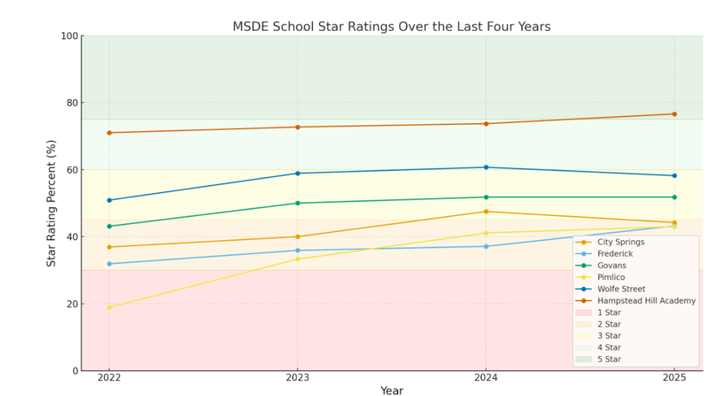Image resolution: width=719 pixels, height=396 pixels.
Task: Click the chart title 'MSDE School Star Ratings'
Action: (x=391, y=27)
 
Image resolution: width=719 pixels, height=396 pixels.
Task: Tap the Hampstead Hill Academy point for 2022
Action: (x=109, y=133)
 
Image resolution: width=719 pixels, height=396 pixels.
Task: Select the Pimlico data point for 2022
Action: (x=109, y=308)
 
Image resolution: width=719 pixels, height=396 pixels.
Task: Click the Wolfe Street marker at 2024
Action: (x=486, y=167)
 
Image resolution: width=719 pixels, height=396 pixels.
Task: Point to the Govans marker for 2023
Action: (x=297, y=203)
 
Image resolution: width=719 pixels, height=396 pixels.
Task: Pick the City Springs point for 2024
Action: (x=486, y=211)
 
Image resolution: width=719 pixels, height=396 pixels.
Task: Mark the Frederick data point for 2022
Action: (x=109, y=264)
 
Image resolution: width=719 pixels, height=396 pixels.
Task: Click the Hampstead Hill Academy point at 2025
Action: (x=674, y=114)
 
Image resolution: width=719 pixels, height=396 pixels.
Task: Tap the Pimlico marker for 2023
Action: (x=297, y=259)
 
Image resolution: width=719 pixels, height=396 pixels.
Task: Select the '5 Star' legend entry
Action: (x=609, y=359)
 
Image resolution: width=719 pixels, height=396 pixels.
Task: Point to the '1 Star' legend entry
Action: (x=609, y=312)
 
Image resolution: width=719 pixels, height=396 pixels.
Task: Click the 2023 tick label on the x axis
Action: (x=297, y=378)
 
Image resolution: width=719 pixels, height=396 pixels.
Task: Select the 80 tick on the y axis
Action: (x=71, y=103)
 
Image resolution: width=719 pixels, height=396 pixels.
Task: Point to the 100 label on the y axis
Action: (x=69, y=36)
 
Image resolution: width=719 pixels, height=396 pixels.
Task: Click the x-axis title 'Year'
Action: (x=391, y=390)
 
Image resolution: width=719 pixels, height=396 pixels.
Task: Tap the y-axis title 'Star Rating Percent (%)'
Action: (x=51, y=203)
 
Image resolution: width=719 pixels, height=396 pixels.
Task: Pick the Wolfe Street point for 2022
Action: (x=109, y=200)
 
